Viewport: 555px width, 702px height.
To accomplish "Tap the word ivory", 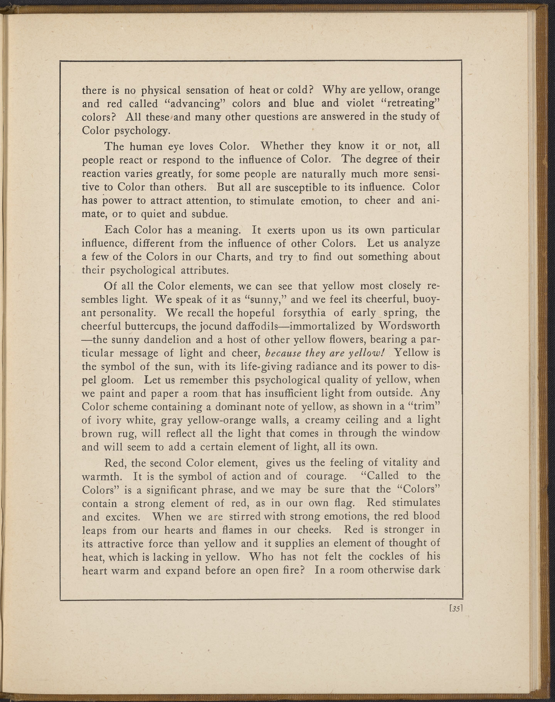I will (108, 420).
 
